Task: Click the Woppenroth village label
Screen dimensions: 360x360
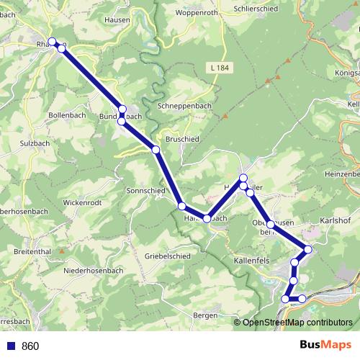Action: pyautogui.click(x=197, y=12)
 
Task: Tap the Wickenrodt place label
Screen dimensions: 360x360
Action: pyautogui.click(x=86, y=204)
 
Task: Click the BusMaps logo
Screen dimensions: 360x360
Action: pyautogui.click(x=326, y=345)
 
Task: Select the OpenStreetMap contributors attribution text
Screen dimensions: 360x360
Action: pyautogui.click(x=297, y=323)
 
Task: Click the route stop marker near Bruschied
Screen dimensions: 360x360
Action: pyautogui.click(x=156, y=149)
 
